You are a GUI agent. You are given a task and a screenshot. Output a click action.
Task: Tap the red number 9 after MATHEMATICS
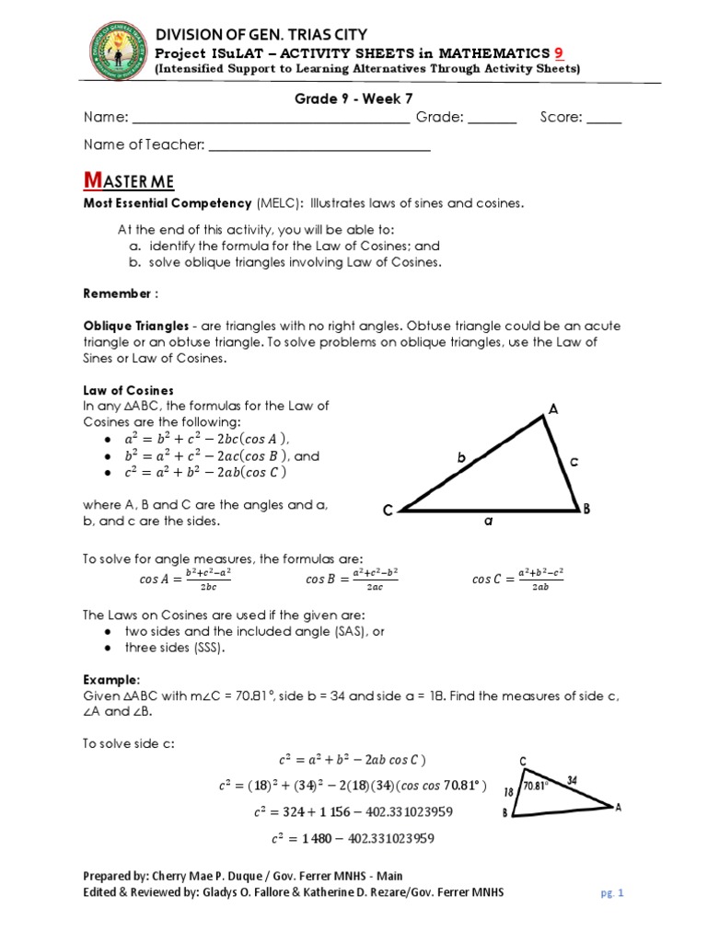tap(556, 52)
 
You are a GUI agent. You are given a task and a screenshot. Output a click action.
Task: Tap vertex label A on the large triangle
tap(553, 408)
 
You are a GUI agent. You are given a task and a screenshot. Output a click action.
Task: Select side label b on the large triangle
tap(462, 457)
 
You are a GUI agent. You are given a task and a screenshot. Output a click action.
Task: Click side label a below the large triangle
tap(489, 522)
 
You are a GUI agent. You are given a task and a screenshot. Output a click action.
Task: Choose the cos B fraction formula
tap(352, 579)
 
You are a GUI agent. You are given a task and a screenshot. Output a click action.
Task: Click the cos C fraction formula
tap(517, 579)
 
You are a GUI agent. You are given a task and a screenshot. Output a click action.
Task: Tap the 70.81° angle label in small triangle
tap(536, 786)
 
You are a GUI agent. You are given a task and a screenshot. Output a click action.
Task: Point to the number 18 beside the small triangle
tap(506, 791)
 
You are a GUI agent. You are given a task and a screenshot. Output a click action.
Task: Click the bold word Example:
tap(110, 679)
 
